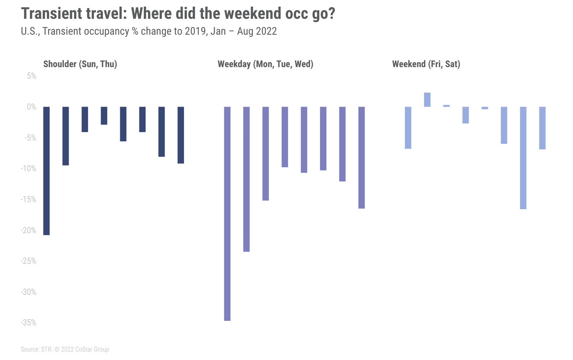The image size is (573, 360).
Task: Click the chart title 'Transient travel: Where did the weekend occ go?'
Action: (178, 14)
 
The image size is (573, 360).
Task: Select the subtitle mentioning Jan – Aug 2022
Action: (149, 31)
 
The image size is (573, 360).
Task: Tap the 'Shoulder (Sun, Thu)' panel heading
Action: (80, 64)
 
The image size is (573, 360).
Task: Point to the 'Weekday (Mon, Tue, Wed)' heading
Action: (265, 64)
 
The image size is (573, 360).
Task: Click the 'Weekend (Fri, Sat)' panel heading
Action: (426, 64)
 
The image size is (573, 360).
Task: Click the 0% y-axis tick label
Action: (31, 107)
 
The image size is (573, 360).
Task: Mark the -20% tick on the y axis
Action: (29, 230)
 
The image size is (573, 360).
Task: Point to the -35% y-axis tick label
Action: (29, 323)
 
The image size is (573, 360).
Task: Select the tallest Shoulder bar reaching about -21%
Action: (46, 171)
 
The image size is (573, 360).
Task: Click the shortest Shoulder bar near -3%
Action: (104, 115)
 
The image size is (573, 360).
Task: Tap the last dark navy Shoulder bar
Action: (181, 135)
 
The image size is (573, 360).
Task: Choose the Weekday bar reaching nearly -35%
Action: (227, 214)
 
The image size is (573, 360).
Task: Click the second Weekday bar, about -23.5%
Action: (246, 179)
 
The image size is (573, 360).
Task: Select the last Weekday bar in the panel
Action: (361, 157)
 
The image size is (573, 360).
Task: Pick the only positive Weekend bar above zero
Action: (427, 100)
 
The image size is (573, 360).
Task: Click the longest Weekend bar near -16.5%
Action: (523, 158)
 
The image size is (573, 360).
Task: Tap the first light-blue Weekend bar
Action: (408, 128)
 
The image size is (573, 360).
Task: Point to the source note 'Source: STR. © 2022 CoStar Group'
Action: (65, 349)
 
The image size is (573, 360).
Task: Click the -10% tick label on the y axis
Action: (29, 169)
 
